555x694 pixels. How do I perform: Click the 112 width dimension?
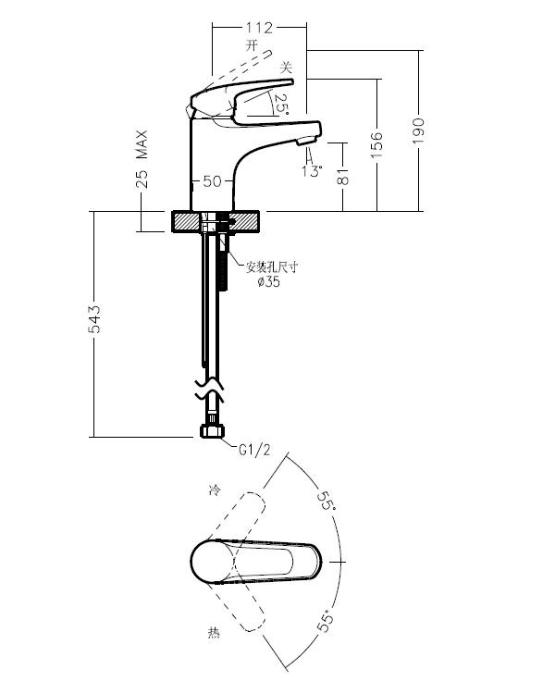(259, 28)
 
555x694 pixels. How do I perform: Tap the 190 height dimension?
(418, 130)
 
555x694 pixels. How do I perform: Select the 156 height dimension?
(376, 144)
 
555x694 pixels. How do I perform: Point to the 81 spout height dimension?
(342, 176)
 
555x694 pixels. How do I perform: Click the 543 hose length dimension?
(94, 319)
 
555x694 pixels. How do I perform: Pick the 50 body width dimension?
(212, 181)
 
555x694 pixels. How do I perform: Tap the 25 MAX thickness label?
(142, 159)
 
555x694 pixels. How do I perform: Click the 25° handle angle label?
(280, 104)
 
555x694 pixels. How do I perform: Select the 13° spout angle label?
(312, 171)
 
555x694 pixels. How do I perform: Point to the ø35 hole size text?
(268, 281)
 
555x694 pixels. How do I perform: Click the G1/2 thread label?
(254, 450)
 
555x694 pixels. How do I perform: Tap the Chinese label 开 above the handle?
(252, 44)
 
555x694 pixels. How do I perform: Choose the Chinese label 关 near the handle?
(286, 68)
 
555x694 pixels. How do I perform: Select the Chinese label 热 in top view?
(214, 633)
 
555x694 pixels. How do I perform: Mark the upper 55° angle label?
(327, 500)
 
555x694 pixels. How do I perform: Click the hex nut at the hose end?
(213, 431)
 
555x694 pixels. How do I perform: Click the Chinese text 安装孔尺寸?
(272, 266)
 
